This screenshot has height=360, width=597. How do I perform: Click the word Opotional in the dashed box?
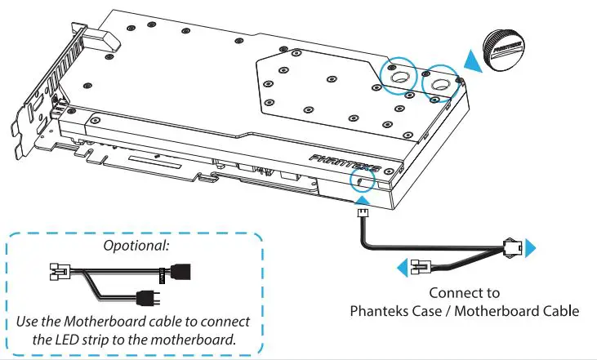[x=136, y=246]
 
